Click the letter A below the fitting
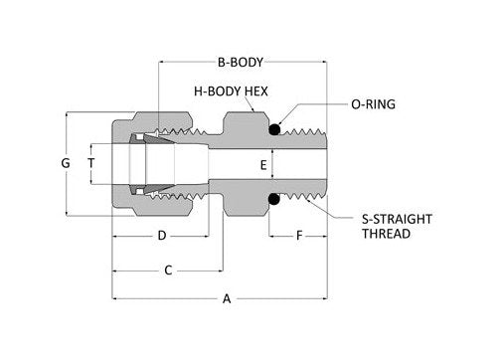227,298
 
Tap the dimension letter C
169,270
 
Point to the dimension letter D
161,237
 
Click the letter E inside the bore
262,165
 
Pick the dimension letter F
297,237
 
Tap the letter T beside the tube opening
90,162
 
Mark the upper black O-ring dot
272,127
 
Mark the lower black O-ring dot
272,200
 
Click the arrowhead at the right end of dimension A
322,297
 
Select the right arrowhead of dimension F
322,238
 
